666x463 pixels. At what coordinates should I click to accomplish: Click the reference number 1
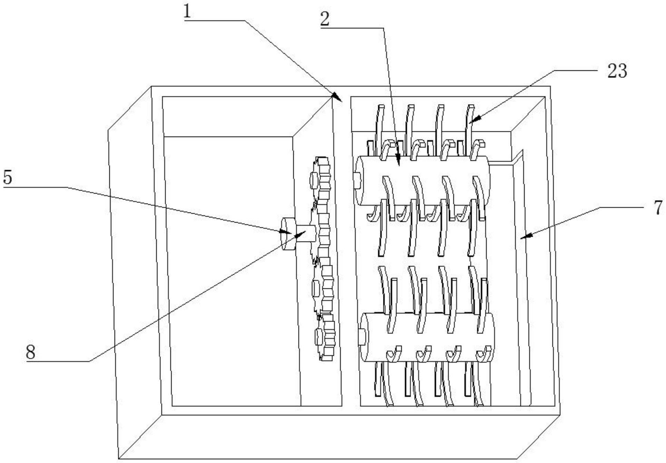(187, 12)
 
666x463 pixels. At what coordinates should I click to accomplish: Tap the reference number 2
(325, 20)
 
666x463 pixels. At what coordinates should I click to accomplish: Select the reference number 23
(617, 71)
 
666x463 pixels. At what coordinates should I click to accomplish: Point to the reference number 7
(658, 208)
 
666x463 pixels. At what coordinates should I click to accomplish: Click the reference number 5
(8, 177)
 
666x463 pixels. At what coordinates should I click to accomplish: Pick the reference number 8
(30, 352)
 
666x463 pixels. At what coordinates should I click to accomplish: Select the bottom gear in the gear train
(325, 337)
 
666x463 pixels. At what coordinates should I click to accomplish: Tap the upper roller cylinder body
(423, 181)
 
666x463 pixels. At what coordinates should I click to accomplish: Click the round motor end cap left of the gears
(288, 234)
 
